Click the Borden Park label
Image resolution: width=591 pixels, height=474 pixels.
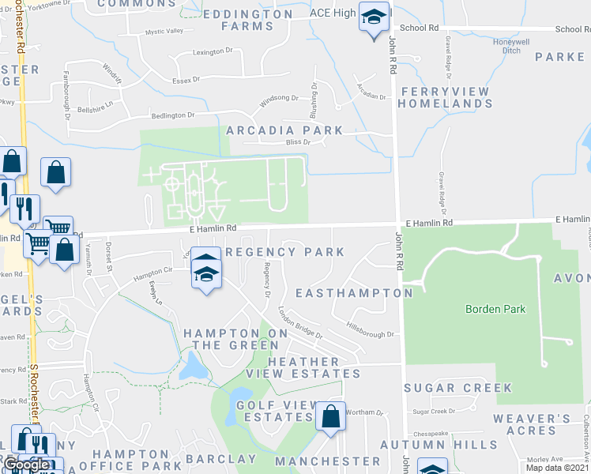[x=495, y=309]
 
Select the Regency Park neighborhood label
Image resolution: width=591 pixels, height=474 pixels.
[x=285, y=252]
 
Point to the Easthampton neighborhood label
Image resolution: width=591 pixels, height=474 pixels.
[x=353, y=293]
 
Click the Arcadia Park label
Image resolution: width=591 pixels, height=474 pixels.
[x=284, y=130]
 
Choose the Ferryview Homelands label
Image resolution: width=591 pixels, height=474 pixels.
[x=446, y=97]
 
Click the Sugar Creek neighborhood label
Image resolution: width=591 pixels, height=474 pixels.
[x=458, y=388]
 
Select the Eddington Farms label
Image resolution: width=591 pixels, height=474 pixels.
[x=247, y=20]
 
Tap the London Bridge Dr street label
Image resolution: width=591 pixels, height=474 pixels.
[x=299, y=322]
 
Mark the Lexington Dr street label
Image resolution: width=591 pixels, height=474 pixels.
[x=213, y=52]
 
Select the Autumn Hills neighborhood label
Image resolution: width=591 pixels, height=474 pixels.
[x=446, y=445]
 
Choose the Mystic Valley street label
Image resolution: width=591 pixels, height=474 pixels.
[x=164, y=32]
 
